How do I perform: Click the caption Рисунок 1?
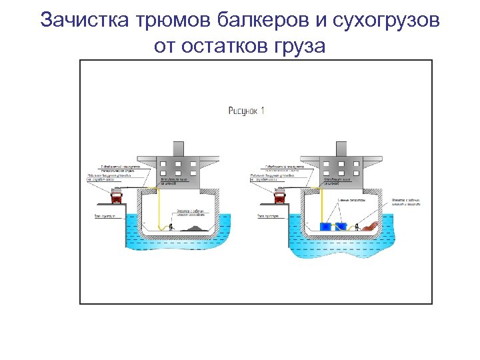pyautogui.click(x=247, y=111)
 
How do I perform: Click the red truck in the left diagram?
pyautogui.click(x=116, y=195)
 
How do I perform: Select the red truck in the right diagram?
pyautogui.click(x=279, y=195)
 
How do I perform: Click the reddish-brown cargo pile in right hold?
pyautogui.click(x=369, y=226)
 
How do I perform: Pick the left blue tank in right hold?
pyautogui.click(x=327, y=227)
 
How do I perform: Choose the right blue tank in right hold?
pyautogui.click(x=341, y=227)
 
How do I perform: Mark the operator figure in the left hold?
pyautogui.click(x=172, y=227)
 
